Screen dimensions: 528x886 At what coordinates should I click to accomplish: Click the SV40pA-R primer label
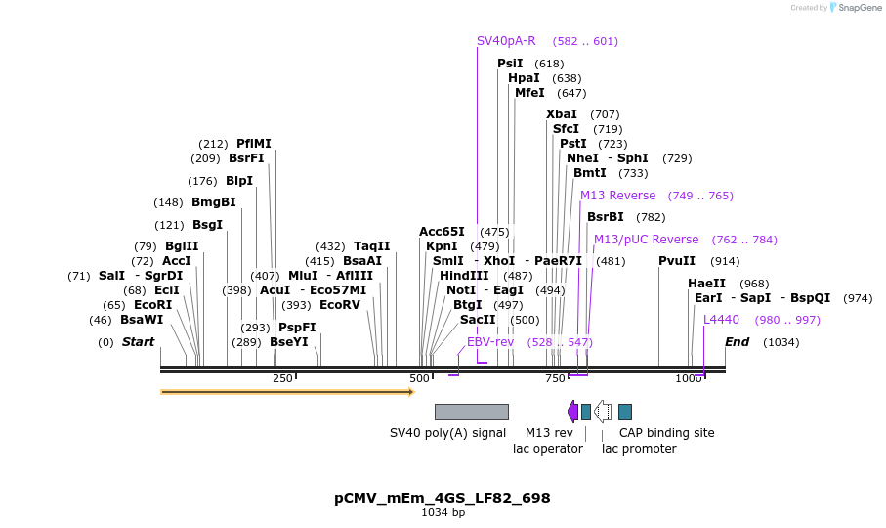pyautogui.click(x=506, y=41)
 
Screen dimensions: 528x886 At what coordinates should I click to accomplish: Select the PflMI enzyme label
pyautogui.click(x=254, y=144)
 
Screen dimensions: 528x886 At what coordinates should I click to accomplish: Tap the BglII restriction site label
pyautogui.click(x=182, y=246)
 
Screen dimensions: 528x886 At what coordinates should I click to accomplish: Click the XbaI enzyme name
pyautogui.click(x=562, y=114)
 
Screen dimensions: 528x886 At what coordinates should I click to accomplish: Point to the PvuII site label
pyautogui.click(x=677, y=261)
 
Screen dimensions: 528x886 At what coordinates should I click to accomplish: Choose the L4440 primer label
pyautogui.click(x=722, y=320)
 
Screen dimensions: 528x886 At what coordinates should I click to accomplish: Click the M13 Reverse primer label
pyautogui.click(x=618, y=196)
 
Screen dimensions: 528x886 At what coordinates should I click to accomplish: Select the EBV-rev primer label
pyautogui.click(x=490, y=342)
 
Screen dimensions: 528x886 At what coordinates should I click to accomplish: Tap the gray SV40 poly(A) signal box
pyautogui.click(x=472, y=412)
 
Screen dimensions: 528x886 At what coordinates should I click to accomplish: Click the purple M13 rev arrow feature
pyautogui.click(x=572, y=412)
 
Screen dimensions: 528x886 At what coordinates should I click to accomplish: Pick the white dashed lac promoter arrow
pyautogui.click(x=604, y=412)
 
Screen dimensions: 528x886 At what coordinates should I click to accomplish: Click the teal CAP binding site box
pyautogui.click(x=625, y=412)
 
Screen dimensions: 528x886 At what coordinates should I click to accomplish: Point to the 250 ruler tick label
pyautogui.click(x=282, y=378)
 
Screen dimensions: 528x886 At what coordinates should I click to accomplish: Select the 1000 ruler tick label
pyautogui.click(x=689, y=378)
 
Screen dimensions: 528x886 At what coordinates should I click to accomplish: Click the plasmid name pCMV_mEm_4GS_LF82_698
pyautogui.click(x=443, y=498)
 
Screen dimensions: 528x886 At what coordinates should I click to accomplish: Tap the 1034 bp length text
pyautogui.click(x=443, y=512)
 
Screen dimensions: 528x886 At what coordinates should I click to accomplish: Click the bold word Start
pyautogui.click(x=138, y=342)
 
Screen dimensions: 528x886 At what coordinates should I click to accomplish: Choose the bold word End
pyautogui.click(x=738, y=342)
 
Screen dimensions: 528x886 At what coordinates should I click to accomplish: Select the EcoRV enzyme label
pyautogui.click(x=340, y=305)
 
